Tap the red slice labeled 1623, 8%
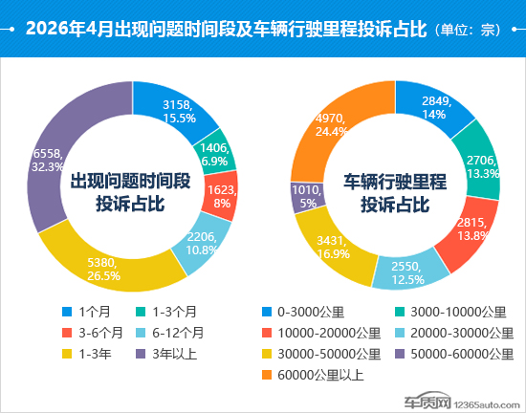(x=221, y=196)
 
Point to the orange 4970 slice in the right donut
(x=331, y=124)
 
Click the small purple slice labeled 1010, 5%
(x=307, y=197)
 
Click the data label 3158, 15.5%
(x=179, y=111)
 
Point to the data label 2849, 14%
(x=436, y=108)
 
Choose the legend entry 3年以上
(x=166, y=354)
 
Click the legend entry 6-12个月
(x=169, y=333)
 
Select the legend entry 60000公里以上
(x=313, y=375)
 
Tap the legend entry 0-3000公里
(x=303, y=312)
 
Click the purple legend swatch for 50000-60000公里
(x=400, y=354)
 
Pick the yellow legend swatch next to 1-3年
(x=67, y=354)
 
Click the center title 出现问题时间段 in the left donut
(x=130, y=181)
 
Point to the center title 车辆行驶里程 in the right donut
(x=395, y=182)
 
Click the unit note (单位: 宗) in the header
(x=468, y=30)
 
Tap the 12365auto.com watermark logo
(x=462, y=401)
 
